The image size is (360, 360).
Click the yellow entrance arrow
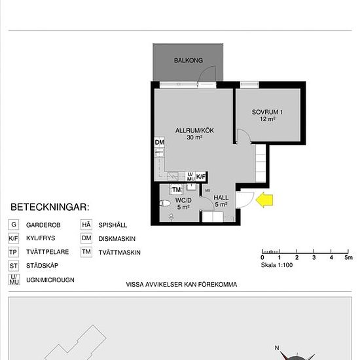pos(264,200)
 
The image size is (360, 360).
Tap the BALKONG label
pos(189,60)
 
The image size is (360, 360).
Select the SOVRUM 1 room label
pos(267,112)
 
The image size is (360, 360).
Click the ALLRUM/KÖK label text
pos(194,130)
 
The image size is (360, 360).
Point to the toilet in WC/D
pos(165,203)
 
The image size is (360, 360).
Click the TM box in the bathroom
pos(176,189)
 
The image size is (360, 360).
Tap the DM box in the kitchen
pos(159,142)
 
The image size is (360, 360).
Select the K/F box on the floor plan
pos(201,177)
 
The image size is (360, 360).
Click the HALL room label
pos(221,198)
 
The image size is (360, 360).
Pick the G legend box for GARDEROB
pos(14,225)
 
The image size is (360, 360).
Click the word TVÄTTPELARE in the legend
pos(48,252)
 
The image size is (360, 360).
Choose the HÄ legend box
pos(86,225)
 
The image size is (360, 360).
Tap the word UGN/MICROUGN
pos(50,280)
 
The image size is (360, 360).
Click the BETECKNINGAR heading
pos(50,207)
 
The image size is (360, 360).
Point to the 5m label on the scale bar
pos(348,258)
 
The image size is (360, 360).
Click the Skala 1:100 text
pos(277,265)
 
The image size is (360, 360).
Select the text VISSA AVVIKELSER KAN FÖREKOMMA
pos(181,285)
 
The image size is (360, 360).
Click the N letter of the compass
pos(277,348)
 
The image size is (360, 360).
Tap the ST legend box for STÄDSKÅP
pos(14,266)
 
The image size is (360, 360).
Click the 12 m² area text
pos(268,119)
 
